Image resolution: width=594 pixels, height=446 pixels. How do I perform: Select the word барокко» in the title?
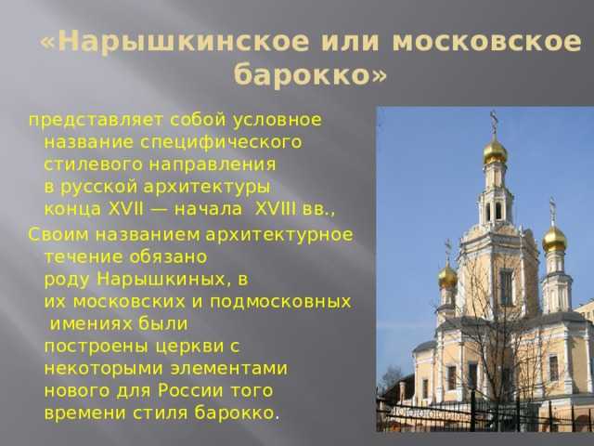[x=310, y=74]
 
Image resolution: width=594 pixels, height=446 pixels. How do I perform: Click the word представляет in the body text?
[x=96, y=120]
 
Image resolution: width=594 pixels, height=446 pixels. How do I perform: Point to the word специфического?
[x=221, y=142]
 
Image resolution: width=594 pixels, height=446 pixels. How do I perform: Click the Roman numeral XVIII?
[x=276, y=208]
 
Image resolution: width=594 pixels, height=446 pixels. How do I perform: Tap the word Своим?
[x=58, y=235]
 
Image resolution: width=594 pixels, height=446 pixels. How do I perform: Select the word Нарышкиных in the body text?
[x=163, y=280]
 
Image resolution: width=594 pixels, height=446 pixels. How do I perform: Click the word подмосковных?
[x=280, y=302]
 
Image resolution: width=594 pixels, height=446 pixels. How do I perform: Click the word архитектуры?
[x=207, y=187]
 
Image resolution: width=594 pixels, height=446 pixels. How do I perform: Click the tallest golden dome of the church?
[x=495, y=151]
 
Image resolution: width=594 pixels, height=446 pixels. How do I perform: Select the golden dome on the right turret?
[x=554, y=238]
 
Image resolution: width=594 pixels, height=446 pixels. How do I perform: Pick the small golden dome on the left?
[x=447, y=276]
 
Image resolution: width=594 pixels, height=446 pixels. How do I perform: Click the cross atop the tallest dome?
[x=494, y=121]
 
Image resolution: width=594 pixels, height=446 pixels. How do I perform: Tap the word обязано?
[x=168, y=257]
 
